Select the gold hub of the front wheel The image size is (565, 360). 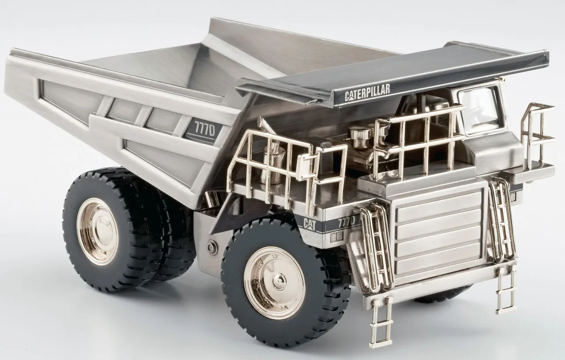[x=275, y=282]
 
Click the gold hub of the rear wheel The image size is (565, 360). [x=97, y=231]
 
